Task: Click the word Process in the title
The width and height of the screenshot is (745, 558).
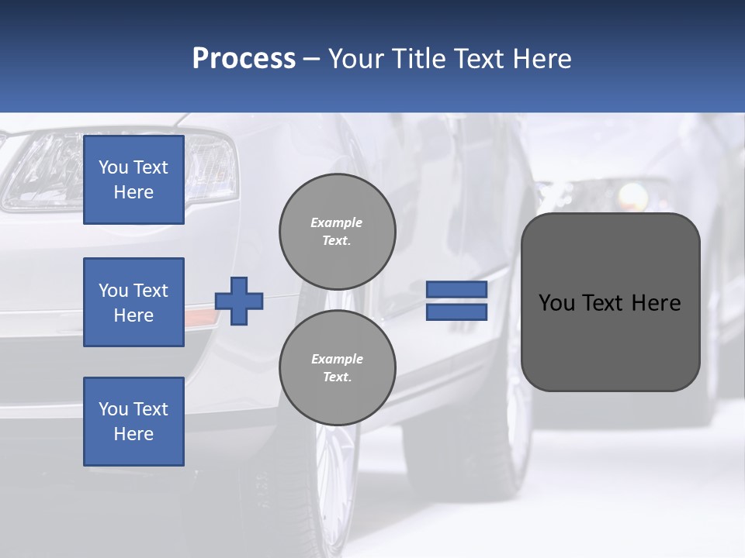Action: coord(244,59)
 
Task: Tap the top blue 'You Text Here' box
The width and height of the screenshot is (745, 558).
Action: coord(133,180)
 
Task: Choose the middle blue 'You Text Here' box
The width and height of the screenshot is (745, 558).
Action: coord(133,302)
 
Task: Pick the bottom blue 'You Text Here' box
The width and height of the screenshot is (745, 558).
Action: coord(133,422)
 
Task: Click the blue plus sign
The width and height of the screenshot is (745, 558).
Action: coord(239,301)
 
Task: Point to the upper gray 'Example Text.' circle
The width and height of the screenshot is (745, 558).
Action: coord(338,232)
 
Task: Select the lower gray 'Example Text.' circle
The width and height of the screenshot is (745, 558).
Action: coord(338,368)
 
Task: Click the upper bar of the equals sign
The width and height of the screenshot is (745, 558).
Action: coord(456,289)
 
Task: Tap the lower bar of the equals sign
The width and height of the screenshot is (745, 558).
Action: coord(456,312)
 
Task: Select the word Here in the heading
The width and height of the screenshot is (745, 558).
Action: coord(542,59)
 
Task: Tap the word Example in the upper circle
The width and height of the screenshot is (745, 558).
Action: coord(336,222)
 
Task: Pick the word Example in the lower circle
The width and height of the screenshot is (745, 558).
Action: coord(337,359)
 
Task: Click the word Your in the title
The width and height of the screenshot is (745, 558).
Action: coord(352,59)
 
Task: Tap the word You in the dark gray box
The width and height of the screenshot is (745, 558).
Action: coord(556,303)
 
